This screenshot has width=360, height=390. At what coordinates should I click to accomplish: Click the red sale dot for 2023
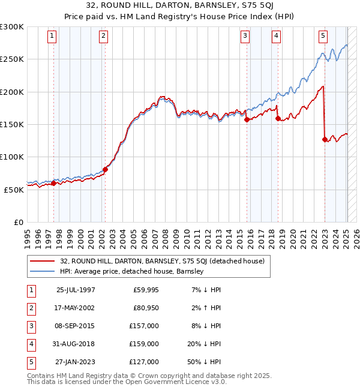[325, 139]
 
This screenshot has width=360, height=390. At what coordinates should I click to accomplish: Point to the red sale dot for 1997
[53, 183]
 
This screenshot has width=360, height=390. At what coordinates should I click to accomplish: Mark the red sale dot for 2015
[247, 119]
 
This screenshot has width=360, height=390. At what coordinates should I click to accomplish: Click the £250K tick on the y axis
[12, 59]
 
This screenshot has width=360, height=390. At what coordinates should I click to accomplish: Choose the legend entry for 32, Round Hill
[158, 261]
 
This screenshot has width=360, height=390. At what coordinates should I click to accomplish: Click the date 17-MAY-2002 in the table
[76, 307]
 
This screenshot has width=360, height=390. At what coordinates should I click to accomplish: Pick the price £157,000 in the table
[145, 326]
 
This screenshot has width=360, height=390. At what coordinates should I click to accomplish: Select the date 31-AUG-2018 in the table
[76, 344]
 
